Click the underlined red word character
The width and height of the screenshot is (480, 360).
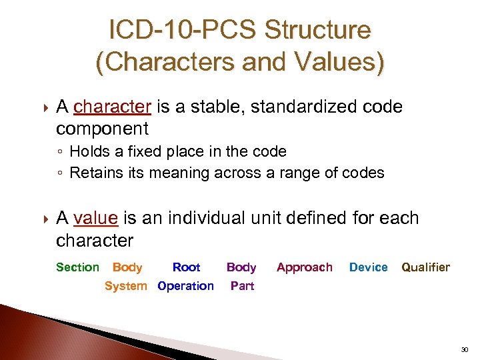pyautogui.click(x=113, y=107)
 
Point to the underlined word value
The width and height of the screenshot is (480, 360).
pyautogui.click(x=96, y=218)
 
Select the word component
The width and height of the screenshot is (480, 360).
pyautogui.click(x=102, y=129)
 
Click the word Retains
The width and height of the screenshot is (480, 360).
pyautogui.click(x=95, y=173)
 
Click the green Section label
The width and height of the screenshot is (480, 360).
pyautogui.click(x=77, y=267)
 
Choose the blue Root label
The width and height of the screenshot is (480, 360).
pyautogui.click(x=186, y=267)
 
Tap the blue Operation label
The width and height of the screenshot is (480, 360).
pyautogui.click(x=185, y=286)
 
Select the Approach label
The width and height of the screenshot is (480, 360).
pyautogui.click(x=304, y=267)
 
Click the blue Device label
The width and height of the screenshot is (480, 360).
pyautogui.click(x=368, y=267)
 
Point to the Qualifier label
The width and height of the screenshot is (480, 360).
pyautogui.click(x=425, y=267)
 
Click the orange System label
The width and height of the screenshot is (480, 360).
pyautogui.click(x=125, y=286)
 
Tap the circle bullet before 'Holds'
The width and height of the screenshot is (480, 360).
pyautogui.click(x=60, y=152)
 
